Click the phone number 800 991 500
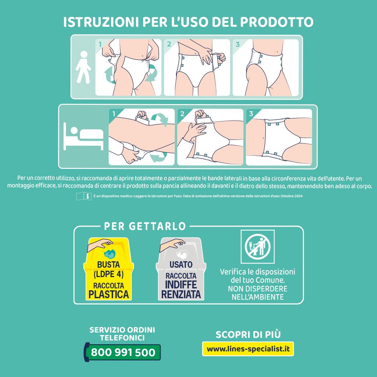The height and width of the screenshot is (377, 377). [x=123, y=352]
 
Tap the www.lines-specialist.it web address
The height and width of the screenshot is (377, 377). [x=248, y=349]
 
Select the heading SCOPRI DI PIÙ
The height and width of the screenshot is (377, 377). [x=248, y=334]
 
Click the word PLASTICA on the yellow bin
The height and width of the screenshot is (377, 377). [x=109, y=294]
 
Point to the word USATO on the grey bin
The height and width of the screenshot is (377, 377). [x=181, y=265]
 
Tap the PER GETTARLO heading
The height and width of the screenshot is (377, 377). [x=145, y=226]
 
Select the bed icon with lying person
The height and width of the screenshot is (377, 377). [x=83, y=136]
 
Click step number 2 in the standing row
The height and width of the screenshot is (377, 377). [x=169, y=44]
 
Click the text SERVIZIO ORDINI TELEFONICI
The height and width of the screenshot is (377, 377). [x=122, y=334]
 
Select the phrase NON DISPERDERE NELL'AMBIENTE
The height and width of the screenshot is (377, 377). [x=257, y=293]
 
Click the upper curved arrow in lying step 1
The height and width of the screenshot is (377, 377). [x=162, y=119]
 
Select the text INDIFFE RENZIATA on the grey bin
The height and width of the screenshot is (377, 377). [x=181, y=289]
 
